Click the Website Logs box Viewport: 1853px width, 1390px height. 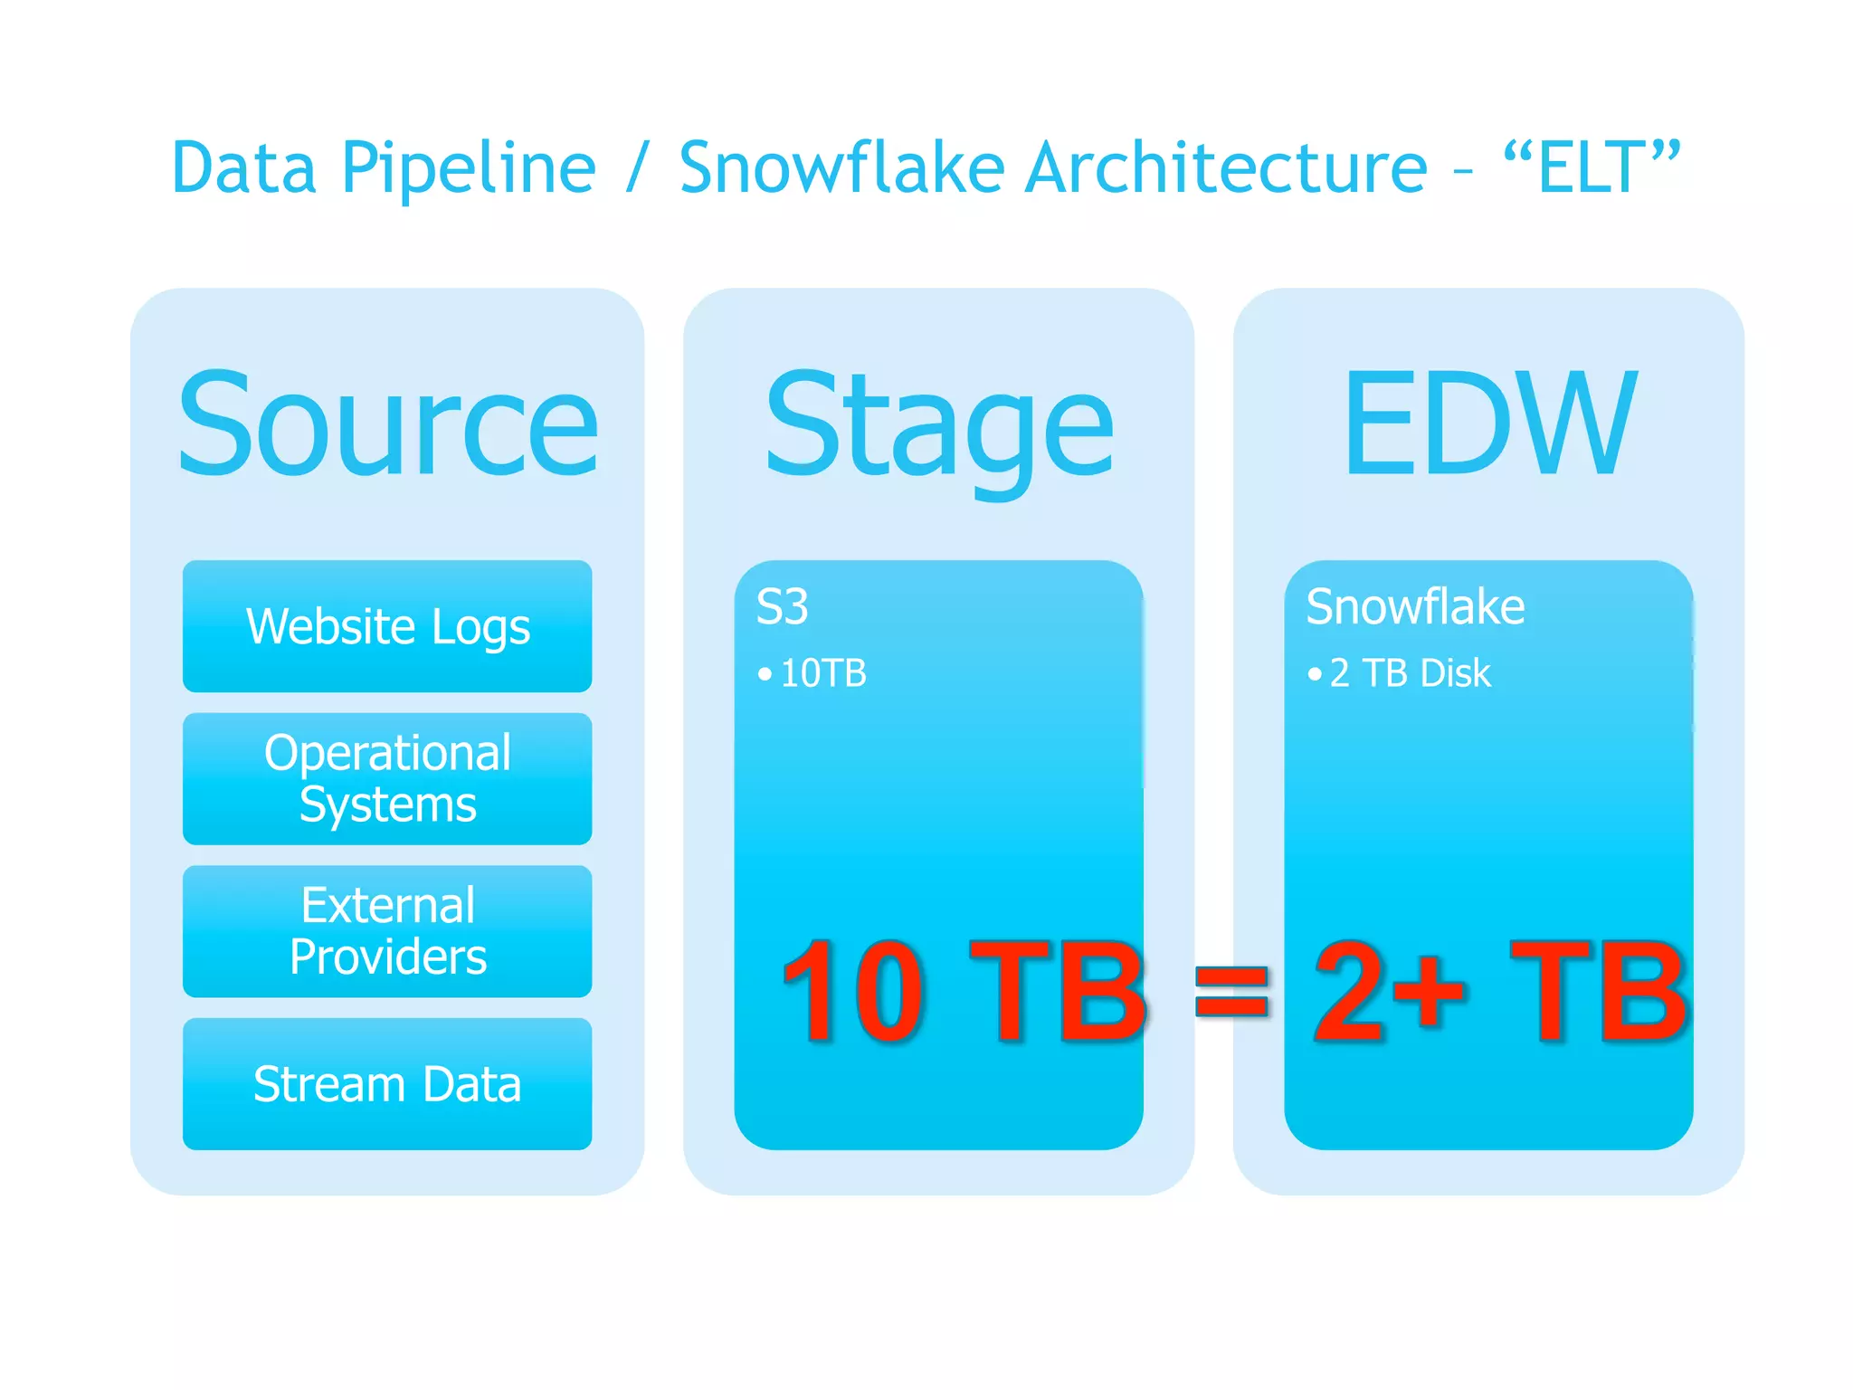pyautogui.click(x=387, y=626)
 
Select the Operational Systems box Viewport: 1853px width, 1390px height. pyautogui.click(x=387, y=778)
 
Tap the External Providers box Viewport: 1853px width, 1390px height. pyautogui.click(x=387, y=931)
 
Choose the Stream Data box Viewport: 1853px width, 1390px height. pyautogui.click(x=387, y=1084)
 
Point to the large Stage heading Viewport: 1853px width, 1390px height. pyautogui.click(x=939, y=425)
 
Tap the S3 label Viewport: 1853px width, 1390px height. pyautogui.click(x=782, y=606)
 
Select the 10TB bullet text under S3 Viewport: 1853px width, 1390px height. pyautogui.click(x=822, y=673)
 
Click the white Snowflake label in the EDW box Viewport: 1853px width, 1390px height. pyautogui.click(x=1415, y=606)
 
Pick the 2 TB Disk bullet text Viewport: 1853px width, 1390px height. pyautogui.click(x=1410, y=673)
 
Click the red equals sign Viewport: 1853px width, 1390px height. pyautogui.click(x=1231, y=990)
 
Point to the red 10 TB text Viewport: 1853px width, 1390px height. pyautogui.click(x=964, y=991)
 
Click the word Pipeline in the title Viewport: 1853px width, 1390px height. pyautogui.click(x=469, y=168)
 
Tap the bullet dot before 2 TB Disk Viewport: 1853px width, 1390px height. pyautogui.click(x=1314, y=674)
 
